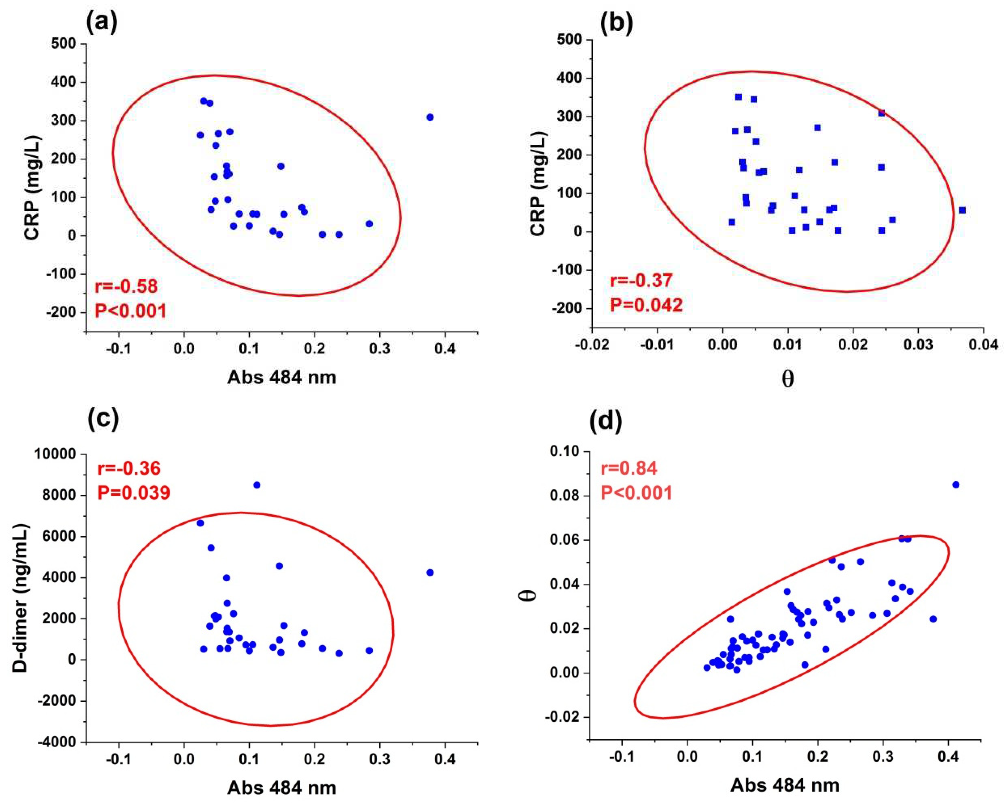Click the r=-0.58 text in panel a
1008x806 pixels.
coord(126,286)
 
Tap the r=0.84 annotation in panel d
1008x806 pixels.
coord(629,468)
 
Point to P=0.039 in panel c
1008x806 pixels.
coord(134,492)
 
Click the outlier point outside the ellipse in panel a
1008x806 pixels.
coord(430,117)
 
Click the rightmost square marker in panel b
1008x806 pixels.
coord(962,210)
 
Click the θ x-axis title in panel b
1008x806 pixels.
coord(787,379)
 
